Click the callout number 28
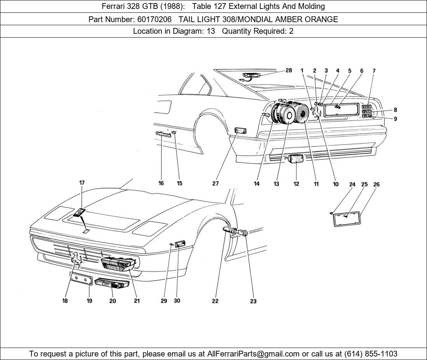[288, 70]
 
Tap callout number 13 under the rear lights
[276, 184]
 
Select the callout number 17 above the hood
[82, 183]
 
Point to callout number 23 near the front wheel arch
[253, 301]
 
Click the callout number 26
[376, 185]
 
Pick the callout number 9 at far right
[395, 119]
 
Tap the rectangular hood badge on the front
[80, 213]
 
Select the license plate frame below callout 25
[347, 219]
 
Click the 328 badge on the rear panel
[366, 106]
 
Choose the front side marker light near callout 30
[181, 244]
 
